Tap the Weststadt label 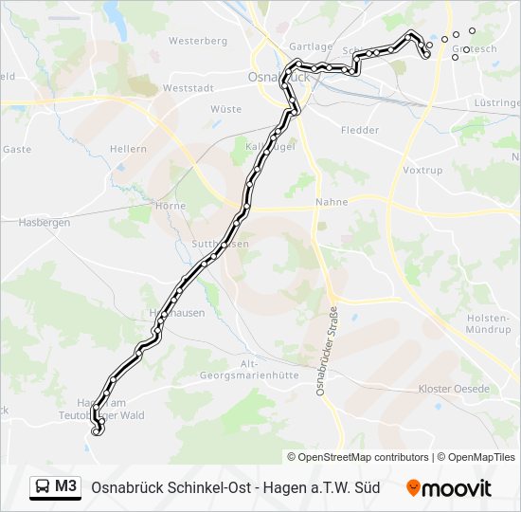coord(186,87)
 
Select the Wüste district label coord(225,109)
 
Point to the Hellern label coord(128,149)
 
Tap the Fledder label coord(359,130)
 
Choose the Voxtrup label coord(422,171)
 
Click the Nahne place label coord(332,202)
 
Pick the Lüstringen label coord(498,101)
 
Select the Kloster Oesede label coord(454,390)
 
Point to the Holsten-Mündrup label coord(488,323)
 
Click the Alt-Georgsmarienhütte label coord(250,369)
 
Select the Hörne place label coord(171,206)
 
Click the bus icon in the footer coord(43,487)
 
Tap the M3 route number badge coord(66,487)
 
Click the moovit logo coord(449,488)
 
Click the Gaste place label coord(17,149)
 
